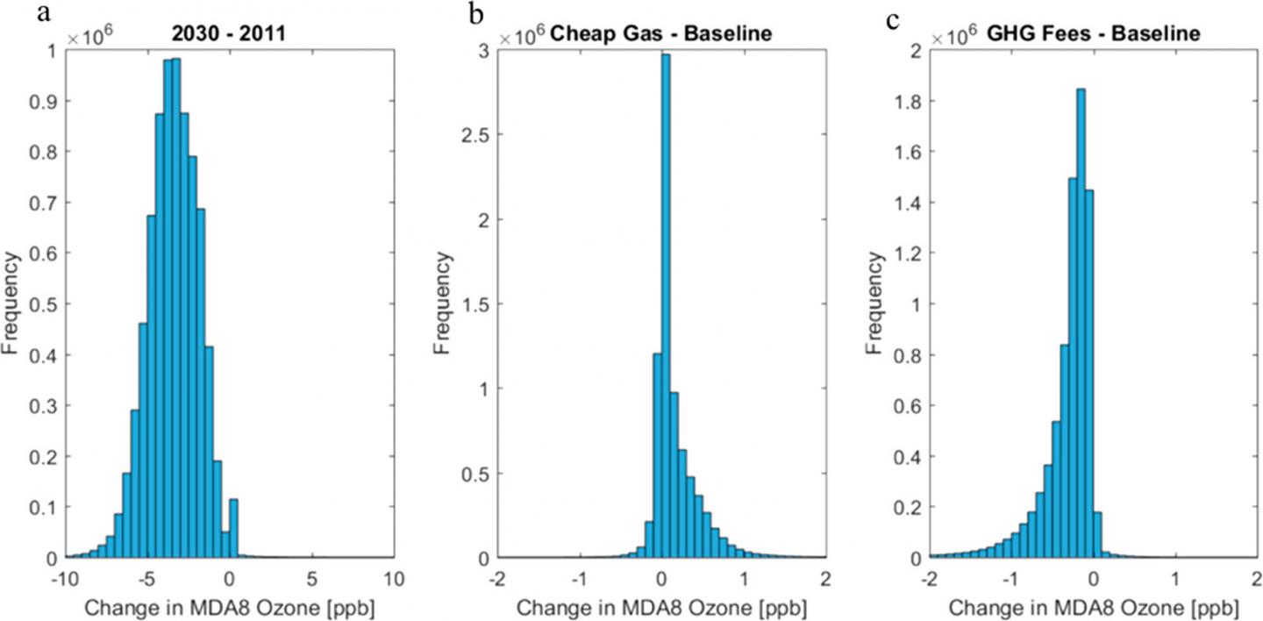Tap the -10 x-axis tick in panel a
tap(65, 578)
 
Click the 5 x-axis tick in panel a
tap(311, 578)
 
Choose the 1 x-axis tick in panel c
tap(1175, 578)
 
